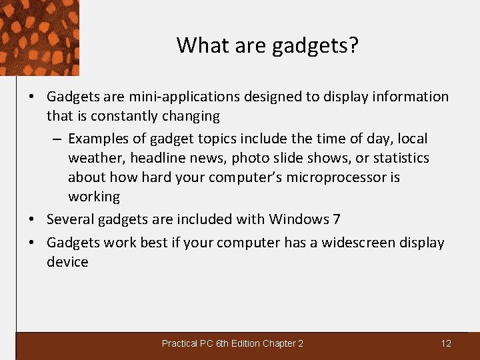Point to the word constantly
click(123, 116)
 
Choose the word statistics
click(401, 158)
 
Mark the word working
click(94, 197)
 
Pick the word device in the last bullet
click(67, 262)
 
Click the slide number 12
click(446, 343)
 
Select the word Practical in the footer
click(179, 343)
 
